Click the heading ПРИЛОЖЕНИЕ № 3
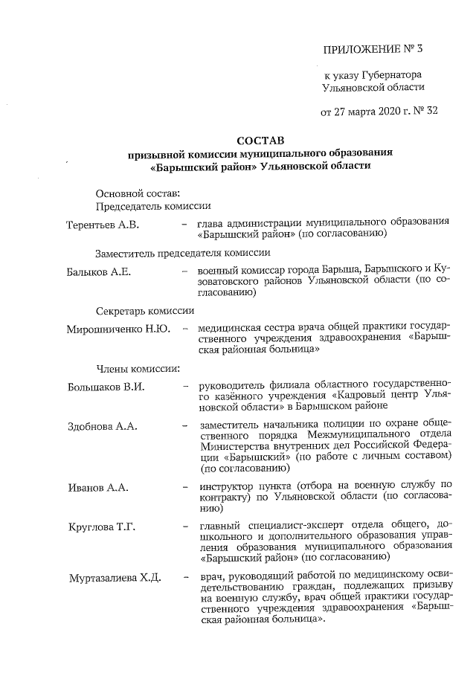point(374,51)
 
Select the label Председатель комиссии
point(153,206)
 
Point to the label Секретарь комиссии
point(145,311)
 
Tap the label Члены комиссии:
point(134,368)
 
